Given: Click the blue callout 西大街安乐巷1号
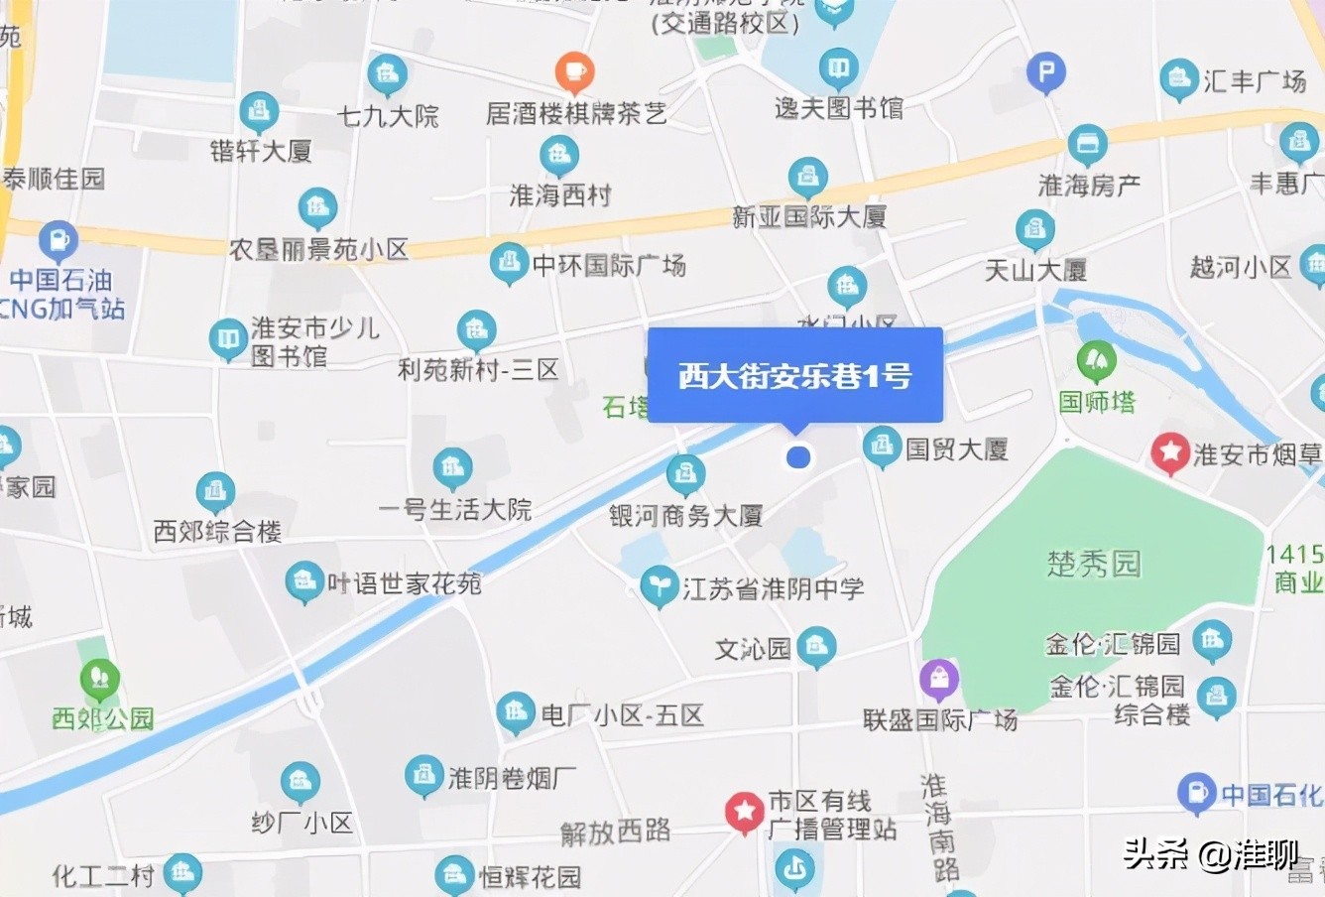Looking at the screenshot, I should (x=794, y=376).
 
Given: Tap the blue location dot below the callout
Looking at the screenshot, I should (x=798, y=457).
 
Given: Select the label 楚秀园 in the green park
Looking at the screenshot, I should (x=1094, y=564).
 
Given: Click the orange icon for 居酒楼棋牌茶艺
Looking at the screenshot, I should (x=574, y=71).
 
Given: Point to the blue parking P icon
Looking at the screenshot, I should (x=1045, y=72).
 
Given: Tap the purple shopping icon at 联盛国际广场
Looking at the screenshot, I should (x=938, y=680).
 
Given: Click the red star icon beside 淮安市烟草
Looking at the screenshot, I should (x=1170, y=453).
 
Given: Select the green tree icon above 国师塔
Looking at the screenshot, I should (x=1096, y=361).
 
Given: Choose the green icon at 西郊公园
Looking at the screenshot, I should (x=99, y=681).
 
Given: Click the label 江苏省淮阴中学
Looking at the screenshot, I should (x=773, y=588).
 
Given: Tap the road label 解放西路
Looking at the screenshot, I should (x=615, y=832).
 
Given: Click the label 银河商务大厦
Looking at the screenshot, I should (x=685, y=515).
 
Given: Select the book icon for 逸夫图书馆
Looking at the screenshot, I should (x=839, y=69).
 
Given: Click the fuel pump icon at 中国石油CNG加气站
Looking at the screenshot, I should (x=58, y=240).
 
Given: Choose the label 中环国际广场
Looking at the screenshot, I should (x=608, y=265).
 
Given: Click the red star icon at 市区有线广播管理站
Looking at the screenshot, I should (x=743, y=812).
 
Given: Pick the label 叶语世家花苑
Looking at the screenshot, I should (x=404, y=582).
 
